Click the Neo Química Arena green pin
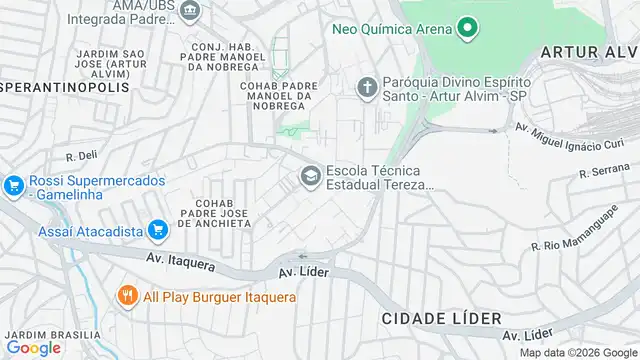tap(464, 28)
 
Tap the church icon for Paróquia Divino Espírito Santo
tap(367, 87)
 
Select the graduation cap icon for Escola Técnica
tap(310, 177)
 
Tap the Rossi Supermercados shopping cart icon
tap(13, 185)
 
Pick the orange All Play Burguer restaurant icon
tap(127, 296)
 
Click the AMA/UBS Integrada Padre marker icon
tap(190, 10)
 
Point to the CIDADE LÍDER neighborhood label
tap(440, 317)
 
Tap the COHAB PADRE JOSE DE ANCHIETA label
tap(214, 213)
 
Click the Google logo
tap(33, 347)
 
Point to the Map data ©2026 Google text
tap(577, 352)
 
